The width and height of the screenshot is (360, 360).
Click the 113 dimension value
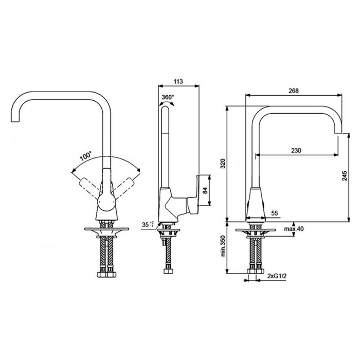point(178,81)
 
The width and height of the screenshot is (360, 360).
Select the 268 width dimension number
point(294,91)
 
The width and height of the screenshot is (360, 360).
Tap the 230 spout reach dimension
point(296,150)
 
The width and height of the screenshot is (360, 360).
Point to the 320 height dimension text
point(223,163)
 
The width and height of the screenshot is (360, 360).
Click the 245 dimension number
point(345,176)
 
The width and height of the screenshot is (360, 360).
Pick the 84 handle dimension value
point(205,190)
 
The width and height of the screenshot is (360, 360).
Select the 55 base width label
point(275,213)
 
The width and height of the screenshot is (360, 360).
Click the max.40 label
point(294,229)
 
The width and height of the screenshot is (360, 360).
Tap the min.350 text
point(223,246)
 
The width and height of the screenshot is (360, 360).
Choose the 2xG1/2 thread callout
point(277,276)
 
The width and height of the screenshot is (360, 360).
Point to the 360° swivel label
point(168,97)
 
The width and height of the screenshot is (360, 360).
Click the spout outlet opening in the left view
point(15,121)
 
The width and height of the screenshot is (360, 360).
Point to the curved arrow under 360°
point(167,103)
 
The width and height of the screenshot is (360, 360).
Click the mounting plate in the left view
point(106,229)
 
